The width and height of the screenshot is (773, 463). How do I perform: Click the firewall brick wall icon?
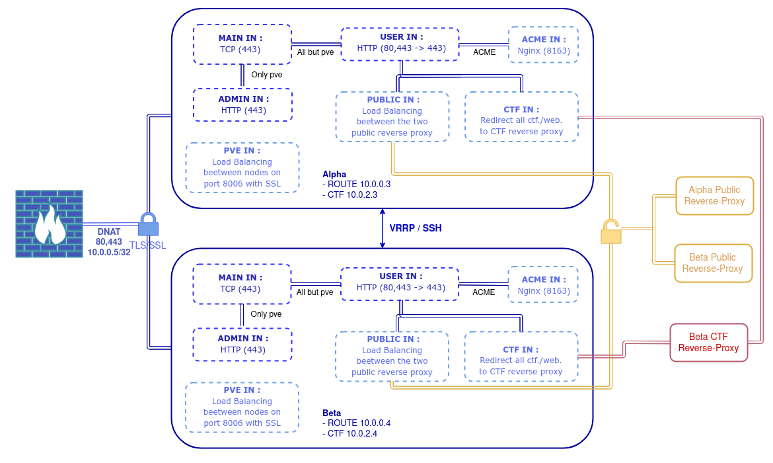[x=50, y=224]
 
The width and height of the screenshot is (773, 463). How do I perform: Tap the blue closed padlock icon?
[x=148, y=224]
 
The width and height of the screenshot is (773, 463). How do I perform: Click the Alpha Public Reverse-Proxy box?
[x=714, y=196]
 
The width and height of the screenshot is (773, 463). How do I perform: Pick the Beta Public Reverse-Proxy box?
[x=712, y=263]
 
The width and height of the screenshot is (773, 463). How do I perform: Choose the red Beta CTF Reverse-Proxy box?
[x=708, y=343]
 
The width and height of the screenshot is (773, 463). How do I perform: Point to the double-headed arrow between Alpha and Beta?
[x=382, y=229]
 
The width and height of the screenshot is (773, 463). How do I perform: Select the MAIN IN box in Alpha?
[x=242, y=44]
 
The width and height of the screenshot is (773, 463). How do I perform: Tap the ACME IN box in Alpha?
[x=543, y=44]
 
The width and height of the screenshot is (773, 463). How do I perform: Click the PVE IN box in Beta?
[x=242, y=407]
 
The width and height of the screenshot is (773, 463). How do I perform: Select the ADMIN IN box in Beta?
[x=242, y=344]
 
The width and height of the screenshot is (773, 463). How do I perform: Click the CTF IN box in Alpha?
[x=521, y=116]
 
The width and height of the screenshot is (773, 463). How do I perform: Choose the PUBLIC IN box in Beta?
[x=392, y=356]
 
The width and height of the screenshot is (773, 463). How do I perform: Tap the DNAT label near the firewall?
[x=109, y=232]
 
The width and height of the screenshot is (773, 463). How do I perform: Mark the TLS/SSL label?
[x=148, y=245]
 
